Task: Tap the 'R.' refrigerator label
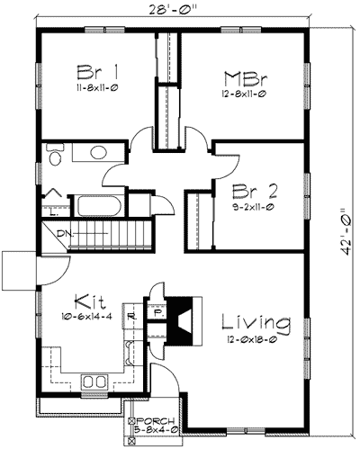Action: [132, 316]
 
